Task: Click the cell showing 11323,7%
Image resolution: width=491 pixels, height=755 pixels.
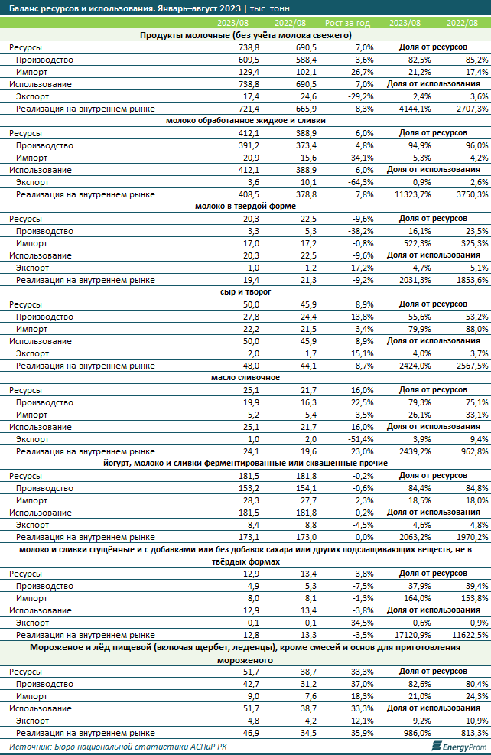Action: point(403,195)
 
